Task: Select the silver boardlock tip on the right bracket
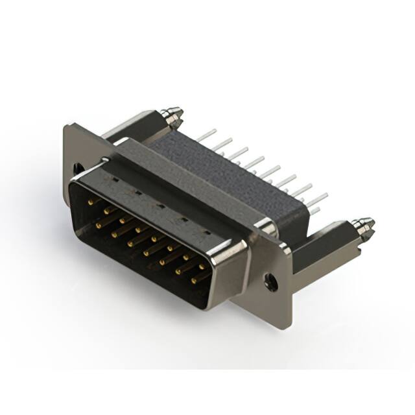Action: pos(364,226)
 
